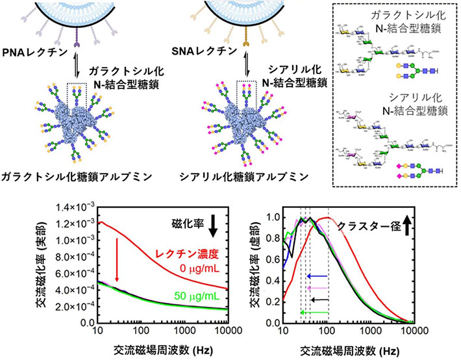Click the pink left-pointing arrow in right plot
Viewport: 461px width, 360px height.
click(318, 288)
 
